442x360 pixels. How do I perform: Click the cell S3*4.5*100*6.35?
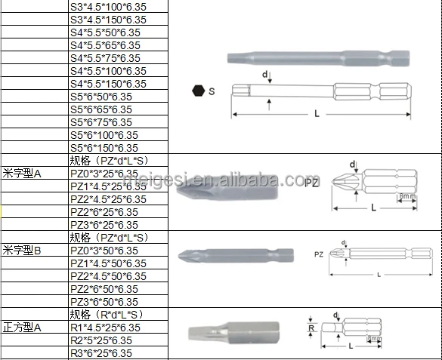point(107,6)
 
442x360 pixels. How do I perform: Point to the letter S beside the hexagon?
point(212,91)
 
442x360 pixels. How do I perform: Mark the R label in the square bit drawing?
point(311,328)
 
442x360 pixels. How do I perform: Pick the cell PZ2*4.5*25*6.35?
point(108,198)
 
